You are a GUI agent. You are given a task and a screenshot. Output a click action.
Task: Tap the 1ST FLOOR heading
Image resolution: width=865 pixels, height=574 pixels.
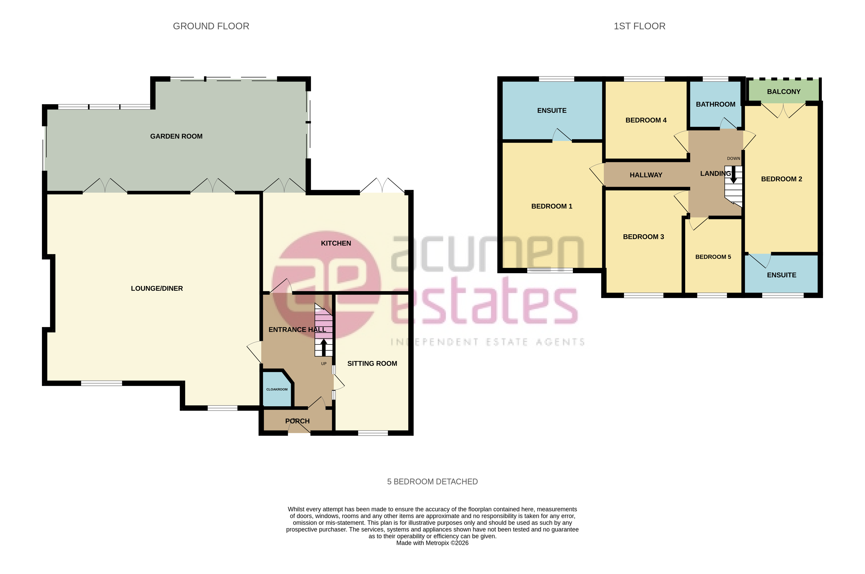coord(639,26)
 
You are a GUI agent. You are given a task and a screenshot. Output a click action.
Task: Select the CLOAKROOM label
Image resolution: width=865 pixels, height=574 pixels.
coord(277,389)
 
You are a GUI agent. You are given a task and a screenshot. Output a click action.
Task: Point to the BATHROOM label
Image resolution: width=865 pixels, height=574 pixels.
coord(715,104)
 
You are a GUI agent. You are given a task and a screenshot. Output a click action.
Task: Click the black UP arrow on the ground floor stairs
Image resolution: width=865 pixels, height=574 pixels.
coord(324,347)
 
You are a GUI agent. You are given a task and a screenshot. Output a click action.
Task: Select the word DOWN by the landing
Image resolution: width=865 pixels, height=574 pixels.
coord(733,158)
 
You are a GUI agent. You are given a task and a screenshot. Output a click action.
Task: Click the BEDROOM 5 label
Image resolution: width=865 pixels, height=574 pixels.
coord(713,257)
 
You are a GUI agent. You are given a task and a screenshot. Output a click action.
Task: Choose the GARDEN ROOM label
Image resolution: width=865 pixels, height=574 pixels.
coord(176,136)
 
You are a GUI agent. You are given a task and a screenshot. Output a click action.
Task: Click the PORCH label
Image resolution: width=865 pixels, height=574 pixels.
coord(297,421)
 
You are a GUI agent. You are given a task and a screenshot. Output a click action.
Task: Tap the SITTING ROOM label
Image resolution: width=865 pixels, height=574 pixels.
coord(372,364)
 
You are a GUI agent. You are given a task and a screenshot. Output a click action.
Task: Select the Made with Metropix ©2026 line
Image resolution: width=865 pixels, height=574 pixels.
coord(432,543)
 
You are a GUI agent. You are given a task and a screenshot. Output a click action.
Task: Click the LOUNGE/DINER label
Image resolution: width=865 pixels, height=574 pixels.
coord(157,288)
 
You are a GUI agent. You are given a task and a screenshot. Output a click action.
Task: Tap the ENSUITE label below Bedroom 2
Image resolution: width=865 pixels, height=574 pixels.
coord(781,275)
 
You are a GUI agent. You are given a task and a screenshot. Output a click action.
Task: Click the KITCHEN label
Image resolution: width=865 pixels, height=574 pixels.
coord(336,243)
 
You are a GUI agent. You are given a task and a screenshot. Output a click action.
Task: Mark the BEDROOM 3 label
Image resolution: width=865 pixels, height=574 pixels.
coord(643,237)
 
